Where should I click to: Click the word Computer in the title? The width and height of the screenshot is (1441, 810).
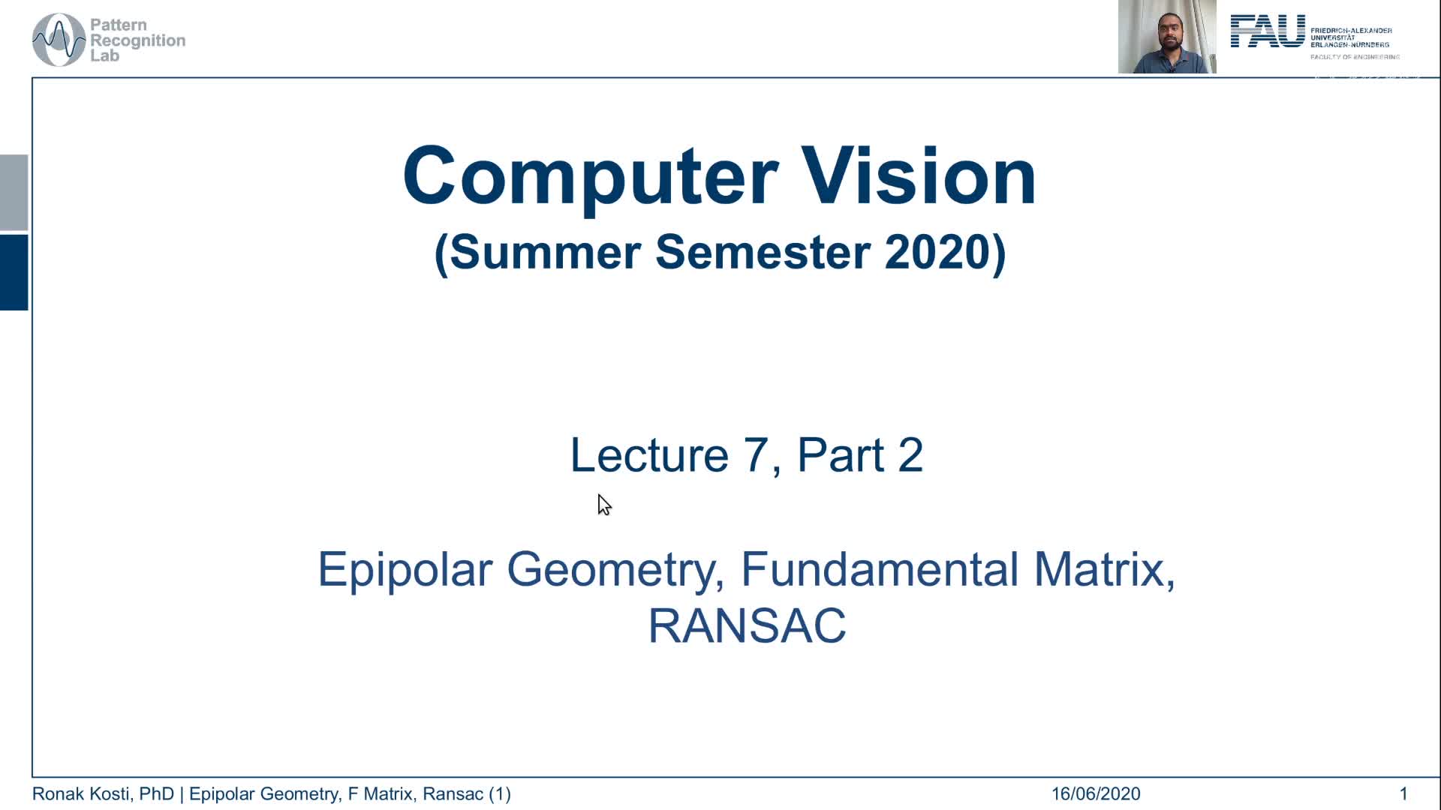[590, 177]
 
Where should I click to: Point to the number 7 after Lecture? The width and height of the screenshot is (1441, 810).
[755, 454]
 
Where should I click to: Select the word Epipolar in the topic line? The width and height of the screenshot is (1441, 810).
[404, 569]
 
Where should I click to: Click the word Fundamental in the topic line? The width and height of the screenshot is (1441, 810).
[879, 569]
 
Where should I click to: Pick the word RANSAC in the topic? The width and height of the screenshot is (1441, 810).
[746, 626]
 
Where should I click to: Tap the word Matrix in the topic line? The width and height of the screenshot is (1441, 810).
[1103, 569]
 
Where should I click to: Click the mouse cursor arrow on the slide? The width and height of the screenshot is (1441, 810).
[603, 504]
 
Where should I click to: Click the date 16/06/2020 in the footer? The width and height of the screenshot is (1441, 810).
[1095, 793]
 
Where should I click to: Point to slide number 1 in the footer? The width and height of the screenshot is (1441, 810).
[1403, 793]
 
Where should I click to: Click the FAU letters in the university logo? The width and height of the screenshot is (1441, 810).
[1267, 32]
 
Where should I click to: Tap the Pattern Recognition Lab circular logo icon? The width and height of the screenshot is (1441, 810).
[59, 40]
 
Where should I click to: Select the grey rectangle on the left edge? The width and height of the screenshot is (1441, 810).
[14, 192]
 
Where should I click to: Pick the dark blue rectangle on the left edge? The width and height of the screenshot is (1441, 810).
[14, 272]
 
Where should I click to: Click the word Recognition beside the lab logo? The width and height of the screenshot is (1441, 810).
[137, 40]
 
